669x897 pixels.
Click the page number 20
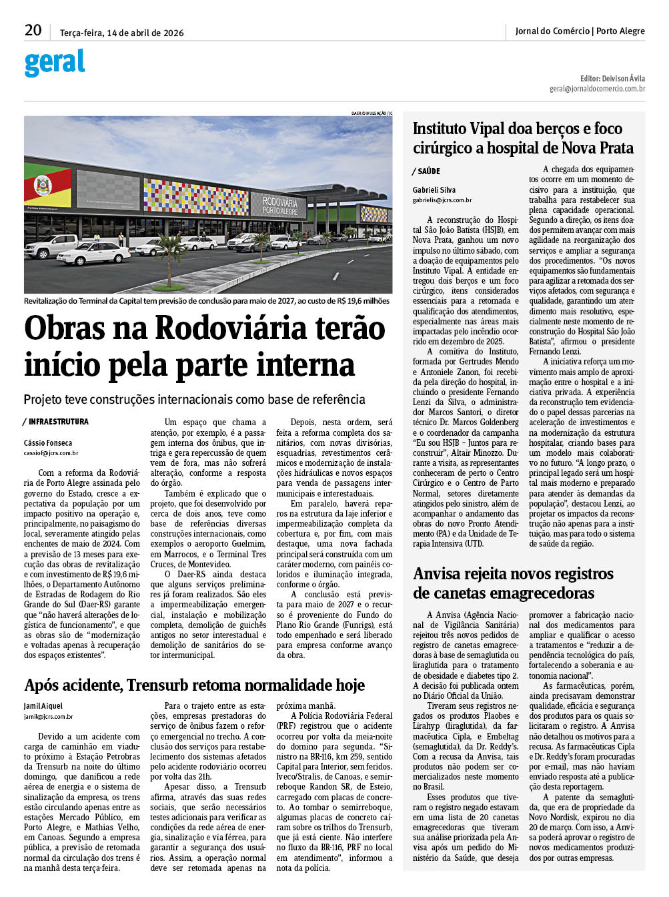pos(33,31)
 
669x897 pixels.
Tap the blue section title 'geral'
pos(55,63)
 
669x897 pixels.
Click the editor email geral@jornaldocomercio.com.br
pos(597,88)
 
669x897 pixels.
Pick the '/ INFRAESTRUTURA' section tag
pos(57,422)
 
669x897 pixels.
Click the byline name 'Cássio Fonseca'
pos(48,442)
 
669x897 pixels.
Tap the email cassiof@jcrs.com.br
pos(51,453)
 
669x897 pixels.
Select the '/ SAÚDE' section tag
pos(427,172)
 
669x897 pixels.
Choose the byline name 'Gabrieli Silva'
pos(434,190)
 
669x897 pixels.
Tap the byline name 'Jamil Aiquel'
pos(44,705)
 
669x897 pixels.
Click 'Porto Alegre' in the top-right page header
pos(620,31)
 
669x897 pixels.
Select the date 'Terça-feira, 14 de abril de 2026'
pos(122,33)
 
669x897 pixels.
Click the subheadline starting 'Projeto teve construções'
pos(194,400)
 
